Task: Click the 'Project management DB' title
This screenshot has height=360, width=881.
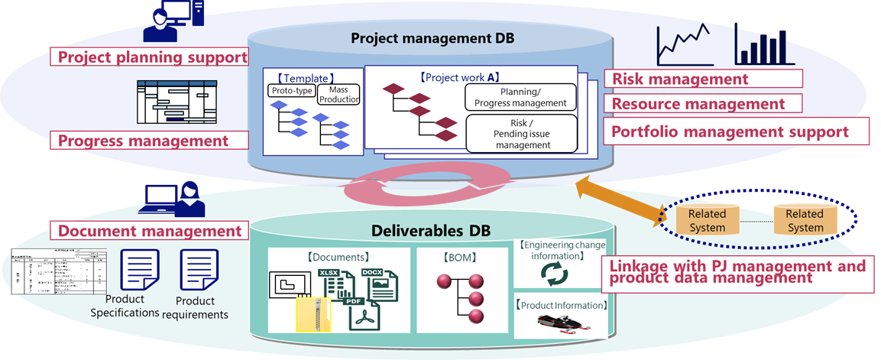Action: click(x=432, y=37)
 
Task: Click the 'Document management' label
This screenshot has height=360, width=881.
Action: click(x=150, y=231)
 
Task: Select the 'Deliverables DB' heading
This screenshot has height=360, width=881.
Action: click(x=431, y=230)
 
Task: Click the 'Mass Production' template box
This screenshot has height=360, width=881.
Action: click(x=338, y=95)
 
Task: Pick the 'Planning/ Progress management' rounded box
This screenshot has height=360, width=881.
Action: click(x=520, y=97)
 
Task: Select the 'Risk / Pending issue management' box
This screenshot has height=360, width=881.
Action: click(x=520, y=133)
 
